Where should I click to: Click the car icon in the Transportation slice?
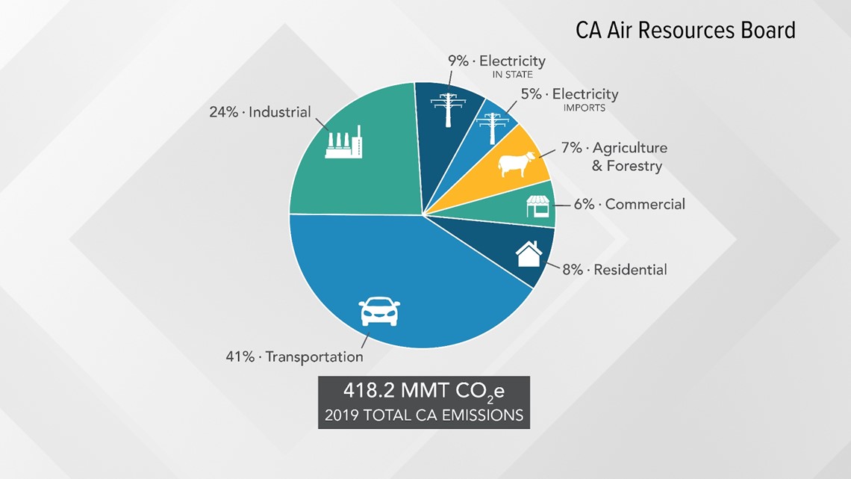tap(379, 311)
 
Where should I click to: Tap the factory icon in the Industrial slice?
tap(343, 142)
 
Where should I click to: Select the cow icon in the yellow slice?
tap(517, 164)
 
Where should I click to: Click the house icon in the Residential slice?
tap(529, 254)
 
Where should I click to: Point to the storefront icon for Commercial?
tap(537, 206)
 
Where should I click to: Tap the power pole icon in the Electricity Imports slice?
tap(492, 129)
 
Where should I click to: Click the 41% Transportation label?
tap(294, 356)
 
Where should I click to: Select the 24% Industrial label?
tap(260, 112)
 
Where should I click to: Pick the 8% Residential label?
tap(614, 269)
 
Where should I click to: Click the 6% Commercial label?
tap(629, 204)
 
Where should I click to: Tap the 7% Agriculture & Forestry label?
tap(614, 156)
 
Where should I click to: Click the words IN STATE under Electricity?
tap(512, 75)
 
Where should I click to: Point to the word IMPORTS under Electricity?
tap(584, 108)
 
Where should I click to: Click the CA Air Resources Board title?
tap(685, 31)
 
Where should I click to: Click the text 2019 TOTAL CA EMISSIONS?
tap(424, 415)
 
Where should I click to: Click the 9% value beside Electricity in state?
tap(458, 61)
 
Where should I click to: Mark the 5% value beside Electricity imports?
tap(532, 94)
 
